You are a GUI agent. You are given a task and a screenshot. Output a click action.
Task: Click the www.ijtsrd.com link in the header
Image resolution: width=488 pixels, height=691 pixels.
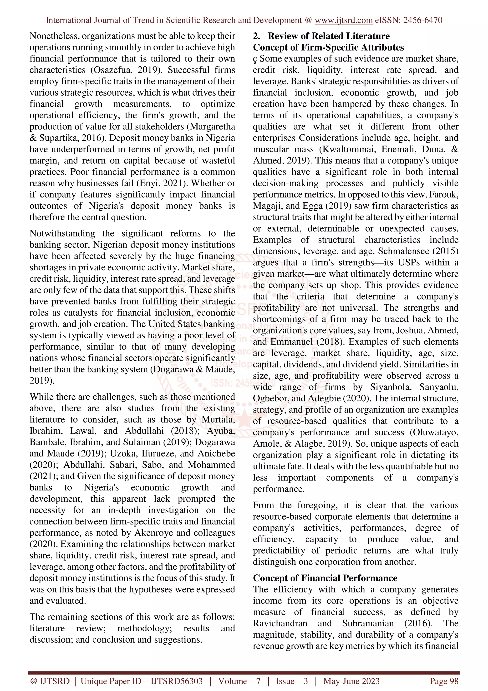343,20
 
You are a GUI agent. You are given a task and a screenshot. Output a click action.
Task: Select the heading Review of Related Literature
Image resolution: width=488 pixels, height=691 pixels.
328,36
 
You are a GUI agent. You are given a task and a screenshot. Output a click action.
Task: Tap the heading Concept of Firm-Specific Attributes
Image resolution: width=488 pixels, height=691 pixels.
328,47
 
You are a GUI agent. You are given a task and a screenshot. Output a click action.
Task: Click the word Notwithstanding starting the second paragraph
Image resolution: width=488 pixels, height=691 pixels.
62,233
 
